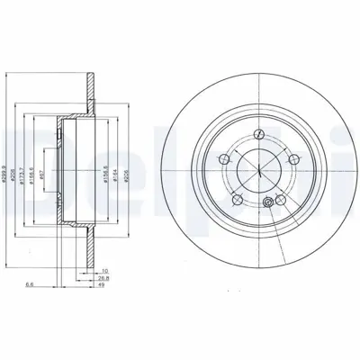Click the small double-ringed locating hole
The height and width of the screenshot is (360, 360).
(x=267, y=205)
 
